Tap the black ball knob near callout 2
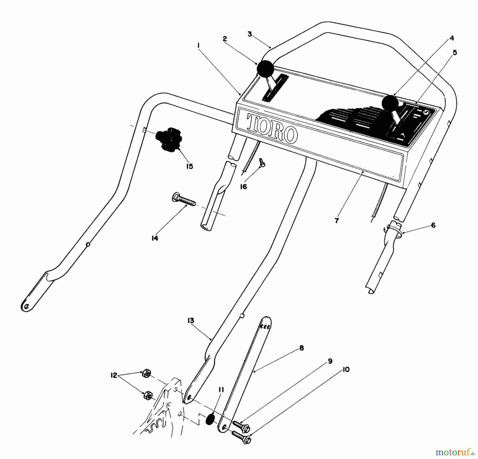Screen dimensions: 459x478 [265, 69]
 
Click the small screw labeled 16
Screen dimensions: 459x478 [263, 162]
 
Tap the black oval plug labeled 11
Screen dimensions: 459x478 [211, 420]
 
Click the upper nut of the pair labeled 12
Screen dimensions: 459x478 [146, 373]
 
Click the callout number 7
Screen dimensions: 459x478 [337, 220]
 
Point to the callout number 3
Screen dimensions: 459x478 [250, 35]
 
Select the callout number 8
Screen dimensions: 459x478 [301, 348]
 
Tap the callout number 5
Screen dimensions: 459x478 [455, 53]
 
